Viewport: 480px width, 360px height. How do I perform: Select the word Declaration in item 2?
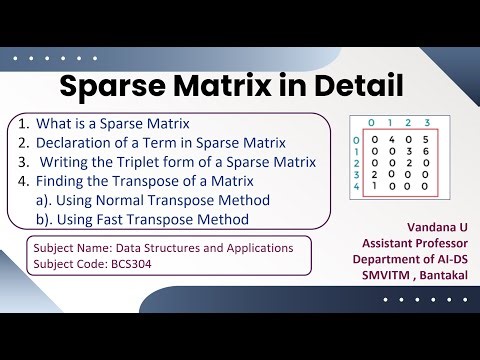click(x=74, y=143)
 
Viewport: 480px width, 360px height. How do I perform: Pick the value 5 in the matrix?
click(x=426, y=138)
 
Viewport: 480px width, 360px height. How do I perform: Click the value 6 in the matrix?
click(x=426, y=150)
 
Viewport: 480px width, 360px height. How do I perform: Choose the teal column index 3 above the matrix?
click(x=426, y=122)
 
